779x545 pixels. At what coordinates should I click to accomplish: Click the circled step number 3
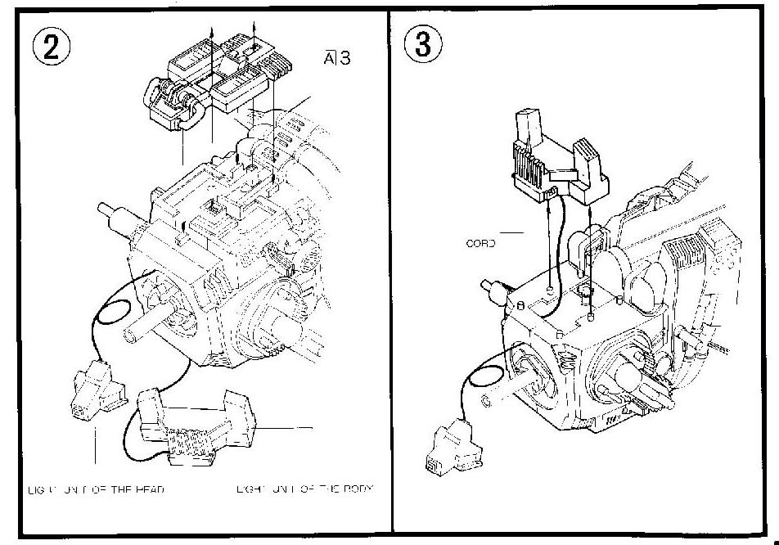pos(423,46)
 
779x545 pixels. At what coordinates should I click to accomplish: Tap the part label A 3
pos(337,58)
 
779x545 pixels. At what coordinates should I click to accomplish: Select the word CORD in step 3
pos(480,243)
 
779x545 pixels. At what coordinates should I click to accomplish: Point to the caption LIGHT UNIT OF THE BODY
pos(304,489)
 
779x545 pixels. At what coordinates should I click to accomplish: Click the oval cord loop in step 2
pos(114,312)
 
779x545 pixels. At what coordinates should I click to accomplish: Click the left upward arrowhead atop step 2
pos(211,28)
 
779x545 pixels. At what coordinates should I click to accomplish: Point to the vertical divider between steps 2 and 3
pos(389,270)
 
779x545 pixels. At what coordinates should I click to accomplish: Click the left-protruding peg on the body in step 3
pos(494,287)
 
